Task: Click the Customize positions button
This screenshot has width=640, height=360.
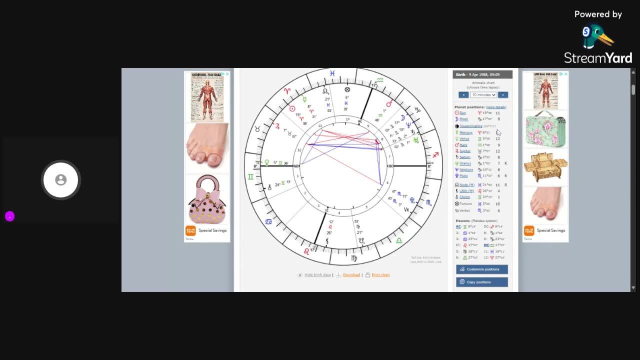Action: click(x=481, y=269)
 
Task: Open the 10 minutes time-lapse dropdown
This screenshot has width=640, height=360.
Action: click(x=483, y=94)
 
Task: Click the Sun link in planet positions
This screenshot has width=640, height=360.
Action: click(x=462, y=113)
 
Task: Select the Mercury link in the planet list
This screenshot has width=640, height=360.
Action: click(x=465, y=132)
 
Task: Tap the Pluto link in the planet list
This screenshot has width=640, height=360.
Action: click(x=463, y=176)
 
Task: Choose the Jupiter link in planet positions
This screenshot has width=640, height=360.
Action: click(x=464, y=151)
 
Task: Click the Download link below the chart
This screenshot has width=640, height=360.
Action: click(x=351, y=275)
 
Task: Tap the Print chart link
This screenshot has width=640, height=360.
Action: click(x=380, y=275)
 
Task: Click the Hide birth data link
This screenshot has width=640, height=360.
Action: click(x=317, y=275)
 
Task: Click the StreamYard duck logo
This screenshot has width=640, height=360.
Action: click(x=596, y=37)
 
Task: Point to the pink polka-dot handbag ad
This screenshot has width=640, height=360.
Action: click(x=206, y=199)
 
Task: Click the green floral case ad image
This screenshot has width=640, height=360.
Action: click(x=545, y=129)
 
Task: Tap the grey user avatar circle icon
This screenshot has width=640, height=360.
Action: click(x=60, y=179)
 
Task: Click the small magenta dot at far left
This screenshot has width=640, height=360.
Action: click(x=9, y=216)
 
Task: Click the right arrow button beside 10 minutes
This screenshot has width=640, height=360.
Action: click(x=502, y=94)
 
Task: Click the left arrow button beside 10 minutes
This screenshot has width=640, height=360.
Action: click(x=463, y=94)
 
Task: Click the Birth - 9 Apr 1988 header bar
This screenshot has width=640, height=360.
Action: click(x=482, y=74)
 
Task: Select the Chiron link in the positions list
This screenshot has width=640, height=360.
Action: click(x=464, y=197)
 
